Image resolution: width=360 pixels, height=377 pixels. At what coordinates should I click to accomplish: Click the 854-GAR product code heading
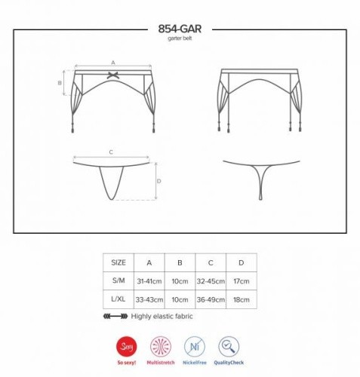coord(180,29)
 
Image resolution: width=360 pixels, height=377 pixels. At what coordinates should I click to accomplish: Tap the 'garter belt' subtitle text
coord(180,38)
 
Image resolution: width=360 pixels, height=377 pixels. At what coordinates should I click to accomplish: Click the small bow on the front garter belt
coord(113,75)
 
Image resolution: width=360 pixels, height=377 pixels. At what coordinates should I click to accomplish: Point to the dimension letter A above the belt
coord(113,63)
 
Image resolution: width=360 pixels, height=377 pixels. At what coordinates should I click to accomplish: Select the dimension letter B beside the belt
coord(60,83)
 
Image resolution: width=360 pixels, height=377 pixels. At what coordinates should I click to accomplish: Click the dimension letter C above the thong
coord(111,152)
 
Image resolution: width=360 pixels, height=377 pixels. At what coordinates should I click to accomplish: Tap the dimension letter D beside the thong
coord(159,181)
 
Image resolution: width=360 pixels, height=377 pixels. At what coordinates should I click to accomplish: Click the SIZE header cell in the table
coord(118,262)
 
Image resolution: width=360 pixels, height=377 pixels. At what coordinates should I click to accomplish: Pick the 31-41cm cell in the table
coord(149,281)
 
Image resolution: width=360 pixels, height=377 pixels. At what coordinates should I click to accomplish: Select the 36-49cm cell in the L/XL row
coord(211,299)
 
